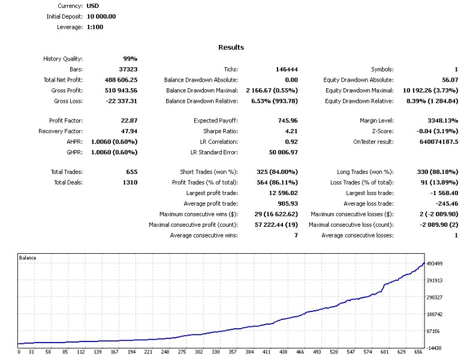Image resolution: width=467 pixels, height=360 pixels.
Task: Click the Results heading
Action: click(231, 47)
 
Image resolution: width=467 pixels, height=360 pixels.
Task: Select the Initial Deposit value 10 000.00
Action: click(97, 16)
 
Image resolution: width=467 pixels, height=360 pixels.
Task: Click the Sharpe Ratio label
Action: click(221, 131)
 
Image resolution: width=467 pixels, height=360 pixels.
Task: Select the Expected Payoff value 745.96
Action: click(288, 121)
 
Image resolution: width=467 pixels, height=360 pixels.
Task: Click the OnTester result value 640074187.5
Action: click(435, 142)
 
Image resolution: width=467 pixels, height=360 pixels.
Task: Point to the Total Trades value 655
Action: click(132, 172)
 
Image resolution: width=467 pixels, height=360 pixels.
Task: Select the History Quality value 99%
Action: click(130, 59)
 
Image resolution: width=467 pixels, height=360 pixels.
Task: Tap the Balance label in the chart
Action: click(28, 257)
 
